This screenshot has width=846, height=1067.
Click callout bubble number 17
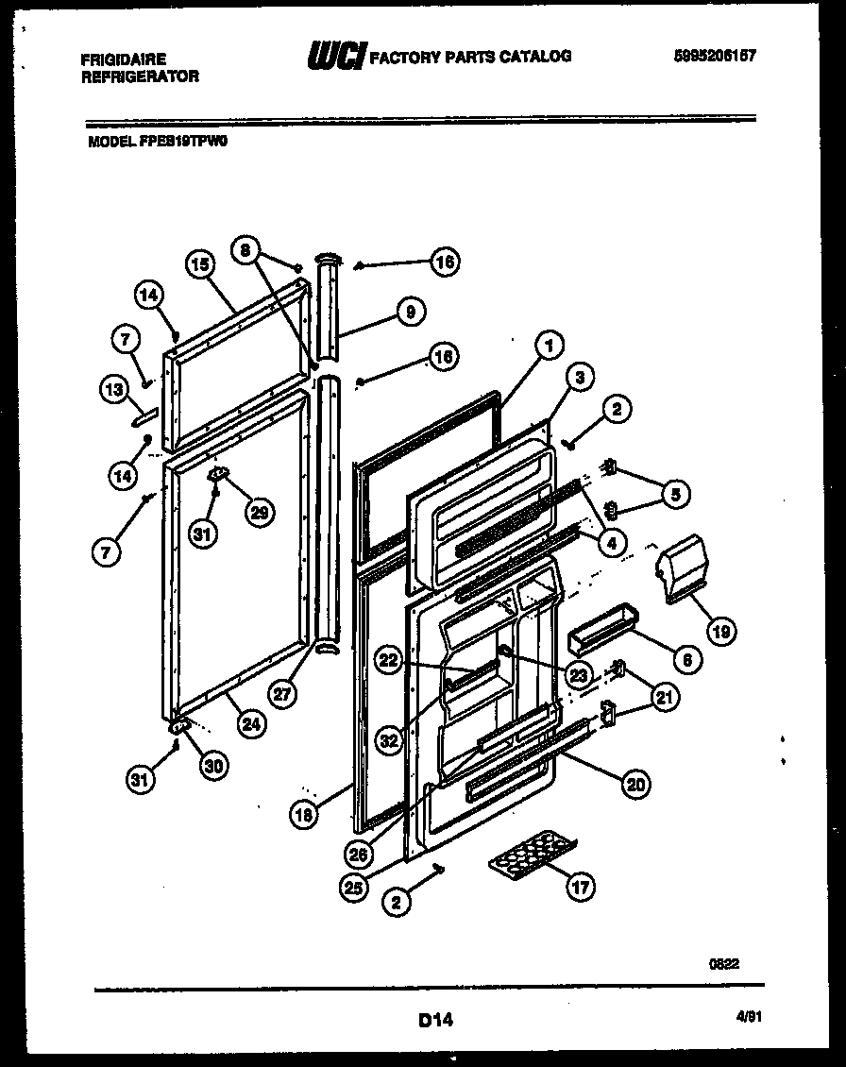(582, 887)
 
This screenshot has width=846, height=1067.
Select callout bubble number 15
(197, 267)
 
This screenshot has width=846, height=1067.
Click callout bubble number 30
(216, 767)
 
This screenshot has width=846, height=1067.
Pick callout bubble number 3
(581, 378)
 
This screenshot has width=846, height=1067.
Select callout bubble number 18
(302, 817)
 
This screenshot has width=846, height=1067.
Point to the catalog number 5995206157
(715, 56)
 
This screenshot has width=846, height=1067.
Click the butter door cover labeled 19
(682, 570)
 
